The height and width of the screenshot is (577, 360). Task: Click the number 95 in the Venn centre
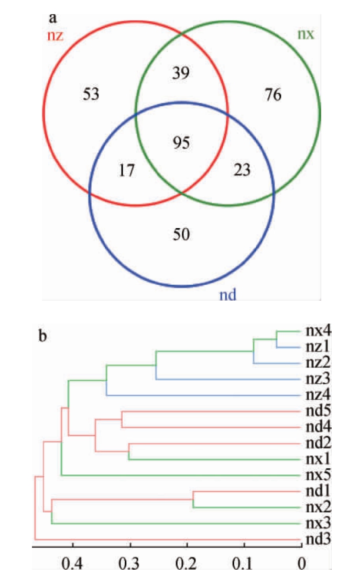[181, 142]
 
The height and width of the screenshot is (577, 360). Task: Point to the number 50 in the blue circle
[181, 234]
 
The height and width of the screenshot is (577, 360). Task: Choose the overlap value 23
[242, 170]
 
